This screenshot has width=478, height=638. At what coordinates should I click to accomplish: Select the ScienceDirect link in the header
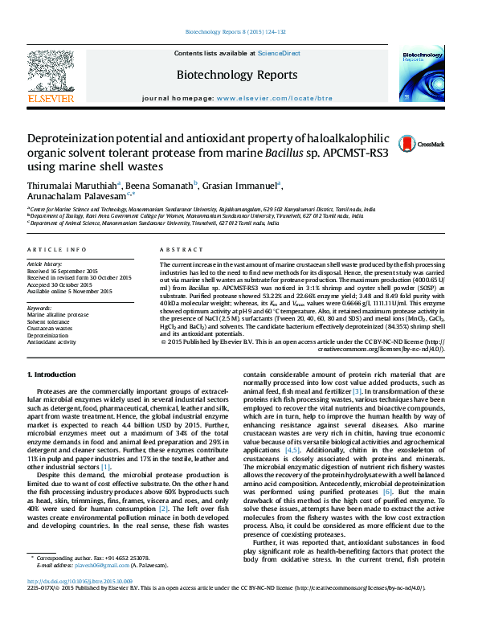point(279,53)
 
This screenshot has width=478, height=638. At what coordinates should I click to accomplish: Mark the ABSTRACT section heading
point(177,251)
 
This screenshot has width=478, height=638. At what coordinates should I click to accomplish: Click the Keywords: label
point(39,308)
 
